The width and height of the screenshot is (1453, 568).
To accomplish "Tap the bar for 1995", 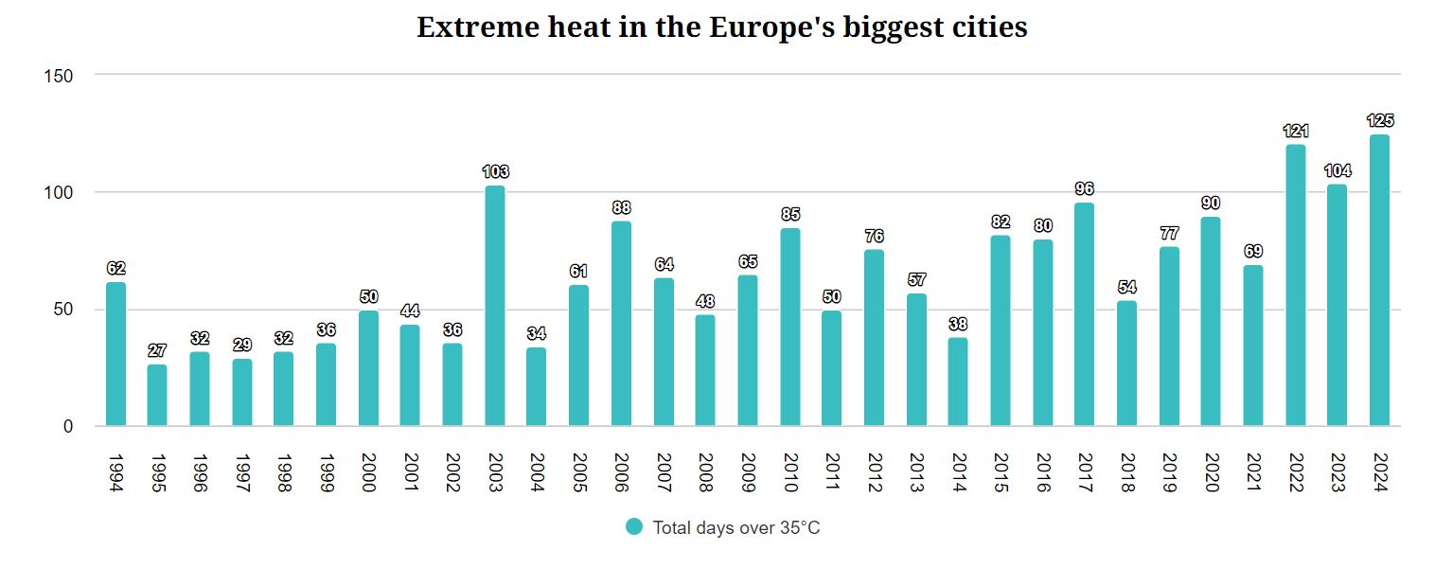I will coord(157,396).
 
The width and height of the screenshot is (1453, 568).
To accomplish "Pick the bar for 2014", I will coord(958,382).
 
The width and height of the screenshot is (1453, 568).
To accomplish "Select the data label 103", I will coord(495,172).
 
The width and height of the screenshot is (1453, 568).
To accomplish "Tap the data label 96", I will coord(1085,189).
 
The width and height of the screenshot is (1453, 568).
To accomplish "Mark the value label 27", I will coord(157,351).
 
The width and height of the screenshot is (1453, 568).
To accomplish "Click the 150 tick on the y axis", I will coord(59,76).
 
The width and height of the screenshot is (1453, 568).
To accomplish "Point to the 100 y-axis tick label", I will coord(59,192).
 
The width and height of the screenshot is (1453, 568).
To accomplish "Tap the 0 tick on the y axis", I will coord(67,427).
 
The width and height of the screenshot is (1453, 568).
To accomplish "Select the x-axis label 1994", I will coord(115,472).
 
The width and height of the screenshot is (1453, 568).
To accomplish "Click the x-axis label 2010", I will coord(789,472).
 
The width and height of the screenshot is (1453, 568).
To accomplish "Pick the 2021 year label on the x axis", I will coord(1252,472).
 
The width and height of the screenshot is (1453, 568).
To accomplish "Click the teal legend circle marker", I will coord(634,527).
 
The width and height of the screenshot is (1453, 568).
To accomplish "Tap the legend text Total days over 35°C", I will coord(735,528).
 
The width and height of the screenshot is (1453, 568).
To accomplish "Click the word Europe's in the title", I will coord(772,27).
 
